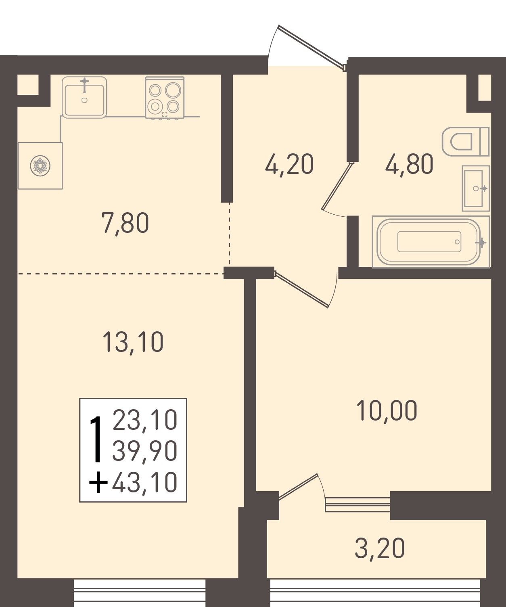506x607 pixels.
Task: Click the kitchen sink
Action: (84, 97)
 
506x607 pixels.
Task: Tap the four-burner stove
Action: (165, 98)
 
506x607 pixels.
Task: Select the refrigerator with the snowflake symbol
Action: (40, 166)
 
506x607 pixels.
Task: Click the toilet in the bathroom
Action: (466, 142)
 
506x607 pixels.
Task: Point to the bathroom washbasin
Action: (476, 188)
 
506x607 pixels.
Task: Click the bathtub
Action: (431, 242)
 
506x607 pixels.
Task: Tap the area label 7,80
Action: (125, 224)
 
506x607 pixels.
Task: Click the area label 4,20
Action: (289, 165)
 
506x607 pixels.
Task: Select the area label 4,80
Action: (409, 164)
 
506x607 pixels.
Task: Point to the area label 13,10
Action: (133, 343)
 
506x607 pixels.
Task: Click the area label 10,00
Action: (387, 410)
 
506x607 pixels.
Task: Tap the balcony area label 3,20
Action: (380, 548)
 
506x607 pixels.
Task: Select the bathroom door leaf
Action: (337, 186)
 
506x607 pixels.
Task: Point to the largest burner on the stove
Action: (173, 90)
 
